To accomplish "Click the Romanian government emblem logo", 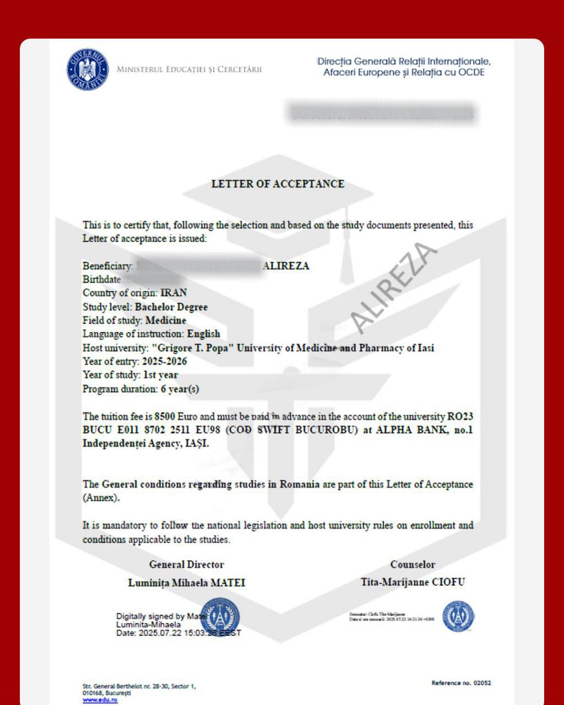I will [88, 70].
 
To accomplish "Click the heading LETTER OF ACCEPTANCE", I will [278, 184].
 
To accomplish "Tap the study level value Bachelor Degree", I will [171, 307].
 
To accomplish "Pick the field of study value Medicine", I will [166, 321].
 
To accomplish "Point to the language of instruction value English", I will [203, 334].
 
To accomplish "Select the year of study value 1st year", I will [160, 375].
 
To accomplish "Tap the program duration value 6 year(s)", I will [180, 389].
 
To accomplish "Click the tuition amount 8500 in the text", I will [165, 416].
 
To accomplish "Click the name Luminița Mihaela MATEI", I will [187, 583].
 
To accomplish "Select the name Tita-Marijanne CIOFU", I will [413, 582].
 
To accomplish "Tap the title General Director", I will [187, 565].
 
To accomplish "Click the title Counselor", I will [413, 565].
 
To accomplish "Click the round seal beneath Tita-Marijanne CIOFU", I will [458, 616].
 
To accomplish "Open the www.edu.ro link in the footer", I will [100, 699].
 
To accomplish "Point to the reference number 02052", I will [482, 683].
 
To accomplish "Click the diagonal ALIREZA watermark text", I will [393, 288].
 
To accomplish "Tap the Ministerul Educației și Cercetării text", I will [189, 69].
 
